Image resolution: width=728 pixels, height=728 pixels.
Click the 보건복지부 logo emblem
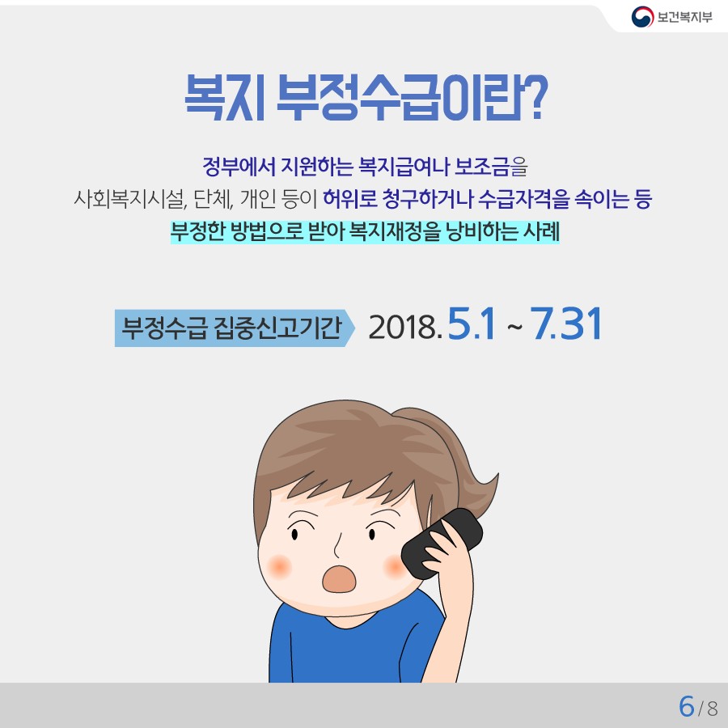pos(642,17)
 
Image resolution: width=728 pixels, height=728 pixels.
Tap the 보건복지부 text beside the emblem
pos(684,17)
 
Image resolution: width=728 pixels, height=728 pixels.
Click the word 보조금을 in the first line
pos(490,166)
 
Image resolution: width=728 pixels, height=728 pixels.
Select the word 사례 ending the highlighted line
pos(541,231)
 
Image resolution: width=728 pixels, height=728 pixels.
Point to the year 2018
pos(404,328)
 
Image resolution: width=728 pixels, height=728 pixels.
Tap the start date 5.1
pos(472,324)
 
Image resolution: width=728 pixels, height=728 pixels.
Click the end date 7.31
pos(566,324)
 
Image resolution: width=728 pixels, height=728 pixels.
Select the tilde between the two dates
pos(514,328)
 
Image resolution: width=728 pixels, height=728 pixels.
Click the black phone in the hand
pos(441,544)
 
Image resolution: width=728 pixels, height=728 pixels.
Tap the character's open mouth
pos(340,579)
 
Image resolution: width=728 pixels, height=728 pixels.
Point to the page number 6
pos(686,707)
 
